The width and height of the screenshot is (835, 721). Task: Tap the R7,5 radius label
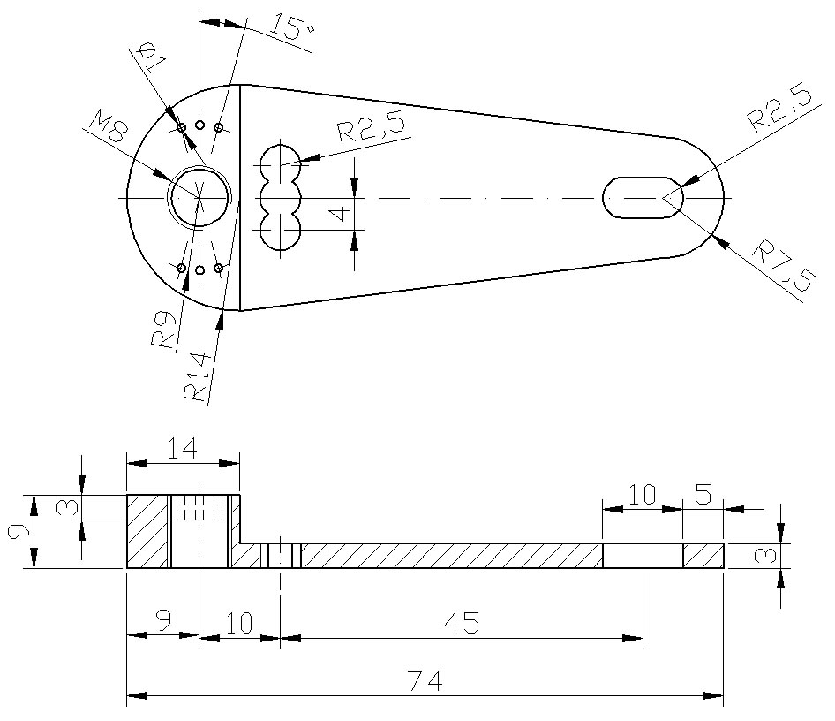[x=781, y=268]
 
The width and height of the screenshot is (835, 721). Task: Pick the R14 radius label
[x=197, y=377]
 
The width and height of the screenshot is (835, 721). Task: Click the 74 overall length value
[x=425, y=680]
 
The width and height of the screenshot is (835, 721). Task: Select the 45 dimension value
[x=461, y=623]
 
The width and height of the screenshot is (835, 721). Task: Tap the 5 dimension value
[x=703, y=494]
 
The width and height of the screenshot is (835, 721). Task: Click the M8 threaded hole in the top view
[x=200, y=197]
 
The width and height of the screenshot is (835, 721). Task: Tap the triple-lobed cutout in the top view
[x=281, y=197]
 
